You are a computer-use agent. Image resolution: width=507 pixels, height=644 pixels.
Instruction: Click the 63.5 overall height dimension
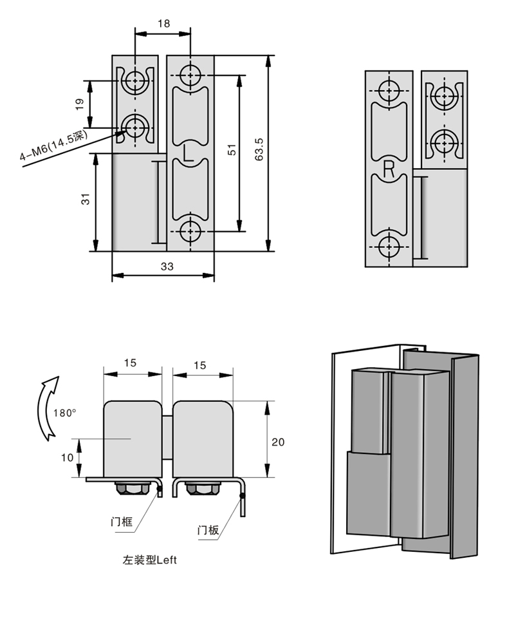[x=259, y=149]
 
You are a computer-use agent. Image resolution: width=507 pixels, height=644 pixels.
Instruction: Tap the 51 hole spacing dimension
[x=232, y=149]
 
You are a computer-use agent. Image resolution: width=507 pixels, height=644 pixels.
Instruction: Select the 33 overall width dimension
[x=167, y=267]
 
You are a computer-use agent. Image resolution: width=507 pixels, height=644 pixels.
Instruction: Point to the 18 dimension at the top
[x=163, y=23]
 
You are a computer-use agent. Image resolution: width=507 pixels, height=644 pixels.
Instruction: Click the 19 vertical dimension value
[x=80, y=104]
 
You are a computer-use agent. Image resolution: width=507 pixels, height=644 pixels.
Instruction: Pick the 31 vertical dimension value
[x=86, y=199]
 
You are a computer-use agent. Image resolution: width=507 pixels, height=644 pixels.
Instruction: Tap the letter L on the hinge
[x=188, y=153]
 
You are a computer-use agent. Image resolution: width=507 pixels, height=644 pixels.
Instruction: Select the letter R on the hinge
[x=389, y=169]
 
